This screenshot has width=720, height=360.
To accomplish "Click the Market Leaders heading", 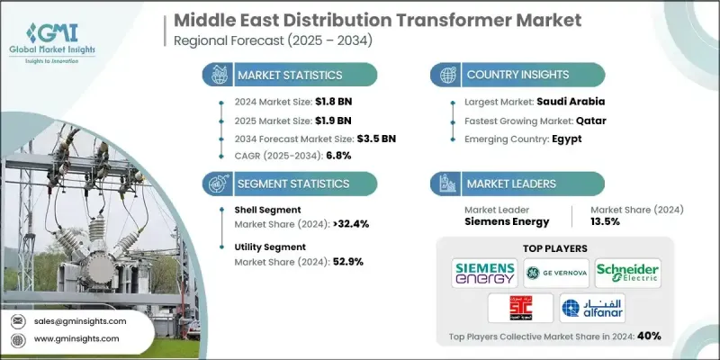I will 509,184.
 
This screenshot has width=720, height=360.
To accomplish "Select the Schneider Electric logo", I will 627,273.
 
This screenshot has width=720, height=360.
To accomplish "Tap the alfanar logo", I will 591,308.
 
